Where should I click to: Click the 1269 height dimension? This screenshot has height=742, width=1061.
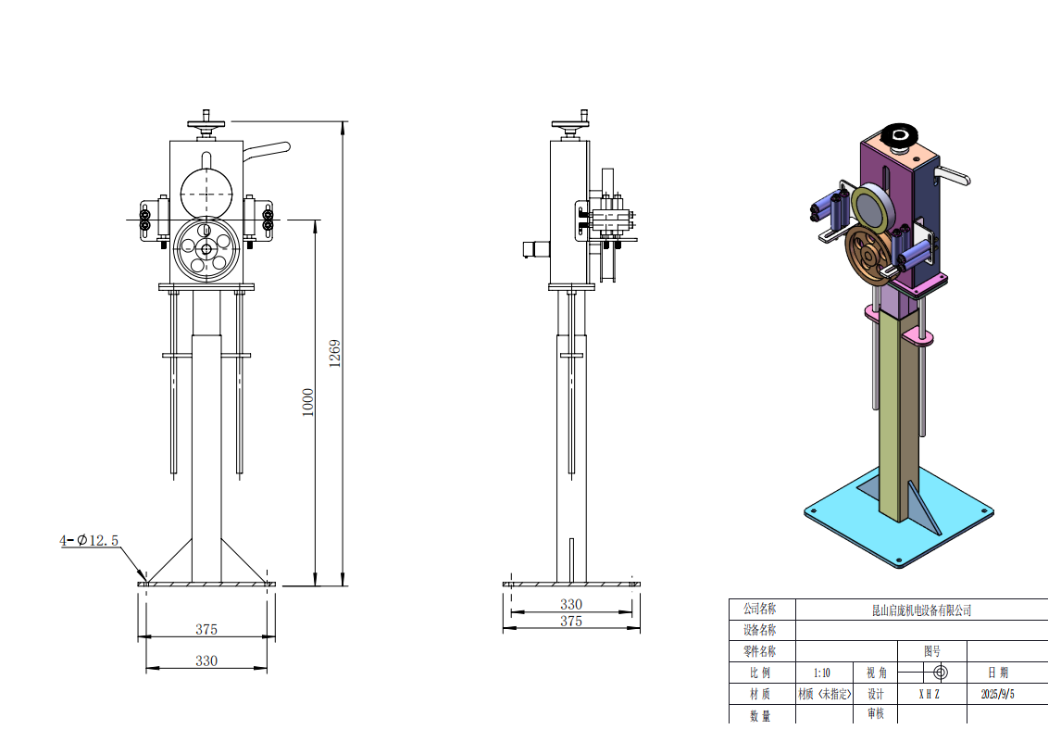tap(335, 353)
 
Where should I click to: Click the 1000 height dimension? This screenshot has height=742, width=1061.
tap(308, 402)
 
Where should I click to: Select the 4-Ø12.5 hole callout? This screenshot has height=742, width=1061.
tap(89, 540)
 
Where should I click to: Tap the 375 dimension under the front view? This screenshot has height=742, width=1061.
tap(206, 629)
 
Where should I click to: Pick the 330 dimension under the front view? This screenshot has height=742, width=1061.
tap(206, 660)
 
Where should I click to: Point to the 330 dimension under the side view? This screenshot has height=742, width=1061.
tap(571, 604)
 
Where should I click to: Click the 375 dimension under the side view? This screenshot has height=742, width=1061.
tap(571, 621)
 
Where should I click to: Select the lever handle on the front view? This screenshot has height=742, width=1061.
tap(267, 151)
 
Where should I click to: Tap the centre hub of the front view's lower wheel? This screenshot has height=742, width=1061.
tap(206, 249)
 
